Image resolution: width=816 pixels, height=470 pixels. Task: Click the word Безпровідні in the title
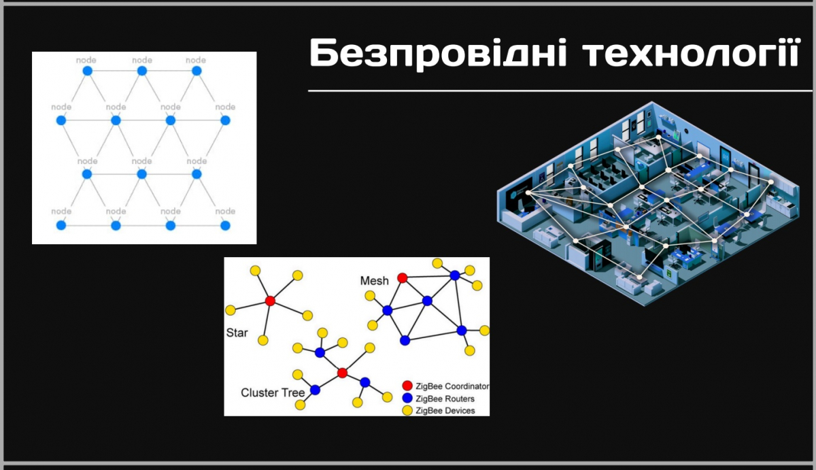438,54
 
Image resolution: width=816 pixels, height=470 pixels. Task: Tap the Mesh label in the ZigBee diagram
375,280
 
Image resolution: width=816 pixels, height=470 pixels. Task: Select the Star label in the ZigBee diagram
237,333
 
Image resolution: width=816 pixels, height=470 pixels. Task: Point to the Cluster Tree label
273,392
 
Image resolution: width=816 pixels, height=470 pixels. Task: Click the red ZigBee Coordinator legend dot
407,386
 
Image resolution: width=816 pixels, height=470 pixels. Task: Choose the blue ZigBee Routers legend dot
407,398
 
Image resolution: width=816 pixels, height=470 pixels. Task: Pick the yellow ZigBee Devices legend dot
407,411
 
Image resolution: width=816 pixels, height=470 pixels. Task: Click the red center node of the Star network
270,301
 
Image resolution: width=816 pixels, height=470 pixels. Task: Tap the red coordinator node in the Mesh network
402,278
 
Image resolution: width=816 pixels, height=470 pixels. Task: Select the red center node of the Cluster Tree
342,373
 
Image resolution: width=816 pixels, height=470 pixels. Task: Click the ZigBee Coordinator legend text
452,386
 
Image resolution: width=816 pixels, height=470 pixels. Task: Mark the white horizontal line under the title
560,90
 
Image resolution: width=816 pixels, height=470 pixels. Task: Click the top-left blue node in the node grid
88,71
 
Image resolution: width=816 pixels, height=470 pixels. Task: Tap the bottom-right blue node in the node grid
225,226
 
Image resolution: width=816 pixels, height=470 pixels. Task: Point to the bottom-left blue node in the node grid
61,226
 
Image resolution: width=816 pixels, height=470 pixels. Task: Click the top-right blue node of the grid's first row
197,71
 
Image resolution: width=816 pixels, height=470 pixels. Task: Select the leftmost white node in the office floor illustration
528,192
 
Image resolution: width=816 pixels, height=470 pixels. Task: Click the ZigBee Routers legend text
445,399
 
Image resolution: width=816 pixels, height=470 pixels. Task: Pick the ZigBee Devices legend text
445,411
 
